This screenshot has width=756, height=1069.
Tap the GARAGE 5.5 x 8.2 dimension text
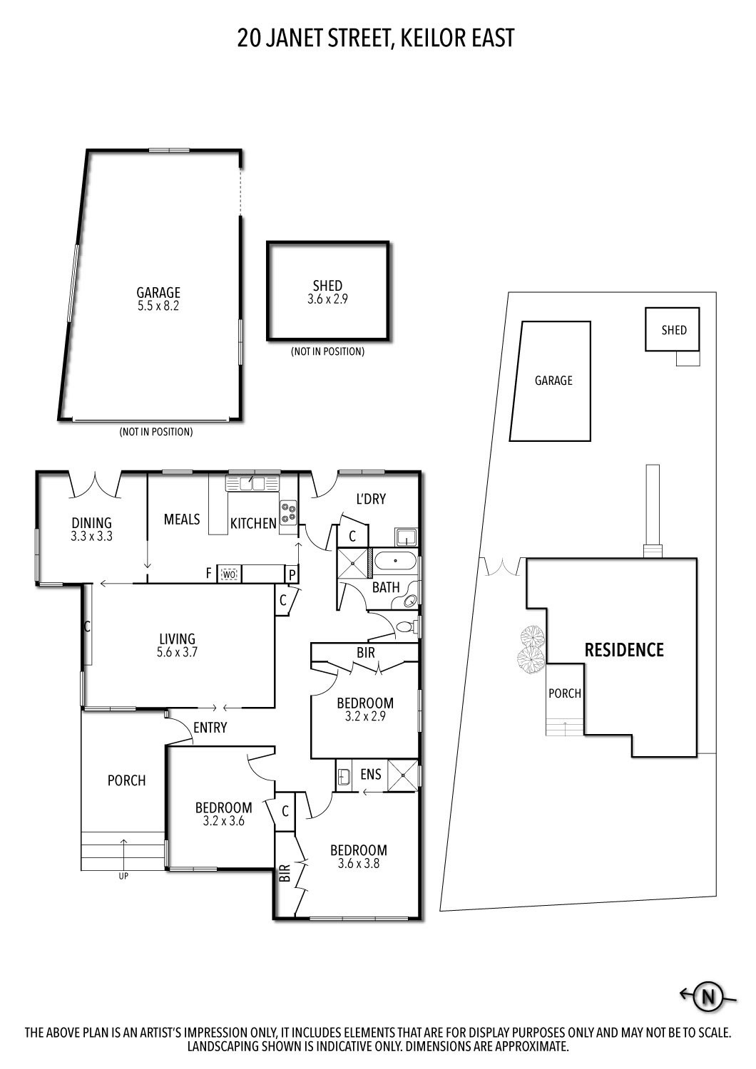[158, 306]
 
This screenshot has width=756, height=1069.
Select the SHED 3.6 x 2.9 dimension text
[327, 299]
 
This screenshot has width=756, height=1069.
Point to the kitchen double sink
[252, 483]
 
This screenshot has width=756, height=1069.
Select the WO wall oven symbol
[229, 574]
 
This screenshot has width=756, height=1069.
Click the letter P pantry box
[291, 575]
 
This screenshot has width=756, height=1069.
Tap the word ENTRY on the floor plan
[210, 728]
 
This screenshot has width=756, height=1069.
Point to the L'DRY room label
[371, 499]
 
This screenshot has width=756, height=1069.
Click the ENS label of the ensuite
[371, 773]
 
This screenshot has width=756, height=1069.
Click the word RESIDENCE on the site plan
[624, 650]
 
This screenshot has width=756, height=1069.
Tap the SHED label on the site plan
[674, 330]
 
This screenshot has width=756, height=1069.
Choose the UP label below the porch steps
[123, 876]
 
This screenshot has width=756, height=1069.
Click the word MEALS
[182, 520]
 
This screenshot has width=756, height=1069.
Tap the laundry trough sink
[406, 537]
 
